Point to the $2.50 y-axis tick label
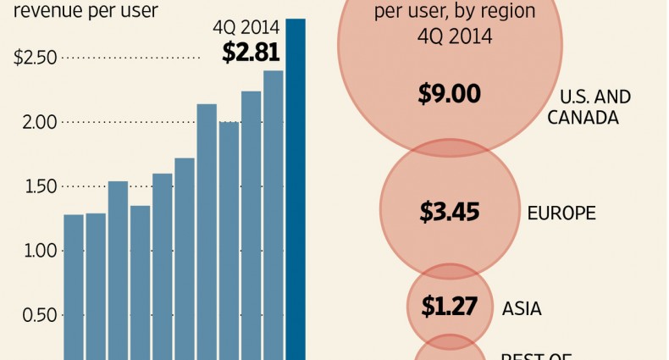point(35,58)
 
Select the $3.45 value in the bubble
point(449,211)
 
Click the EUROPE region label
point(562,212)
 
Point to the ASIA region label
point(522,309)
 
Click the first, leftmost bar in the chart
point(74,288)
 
